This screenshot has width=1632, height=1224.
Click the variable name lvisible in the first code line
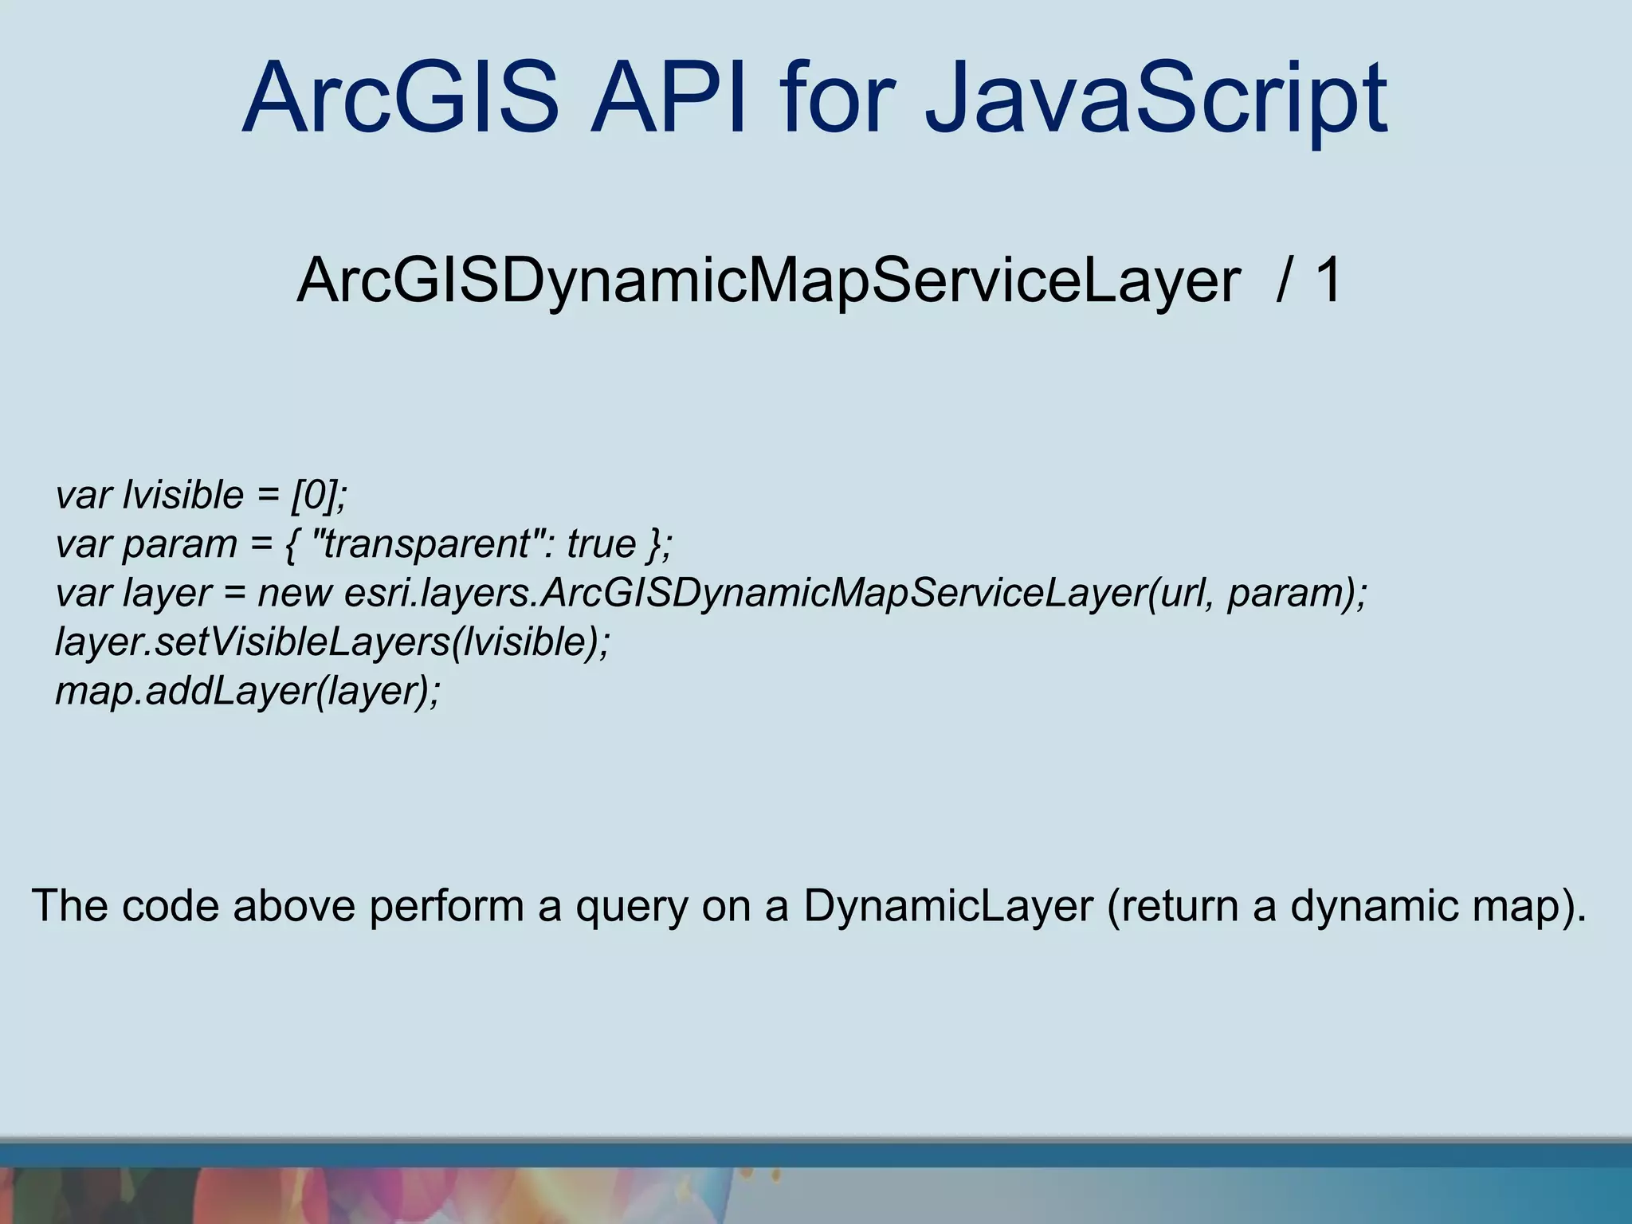182,495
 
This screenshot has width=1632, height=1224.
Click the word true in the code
601,544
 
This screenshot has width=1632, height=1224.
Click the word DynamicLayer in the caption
947,907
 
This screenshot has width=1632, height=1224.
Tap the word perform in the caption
446,907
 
